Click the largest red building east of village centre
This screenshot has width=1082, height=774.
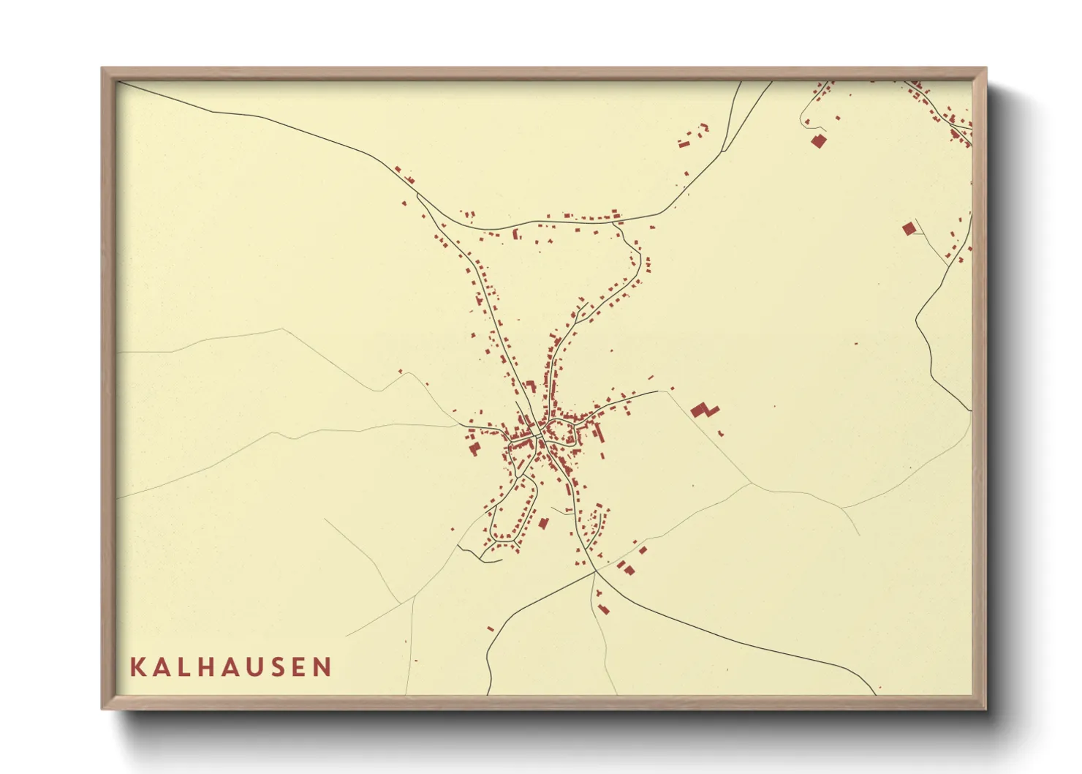point(703,410)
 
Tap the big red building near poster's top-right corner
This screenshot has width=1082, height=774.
point(818,141)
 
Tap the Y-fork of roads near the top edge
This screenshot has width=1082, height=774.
point(723,150)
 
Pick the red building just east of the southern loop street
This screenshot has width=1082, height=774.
point(543,522)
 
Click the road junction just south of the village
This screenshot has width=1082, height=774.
point(594,572)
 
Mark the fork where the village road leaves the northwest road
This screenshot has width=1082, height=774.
point(417,195)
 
